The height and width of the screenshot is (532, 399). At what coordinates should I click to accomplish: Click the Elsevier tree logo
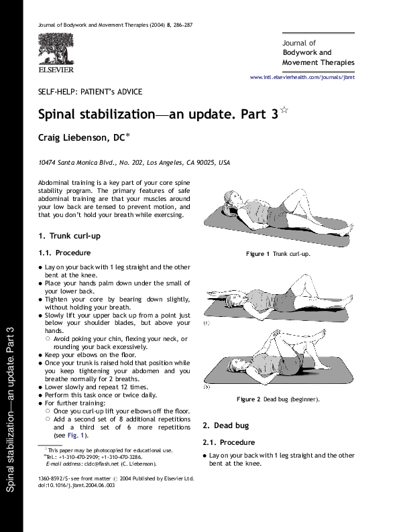click(56, 49)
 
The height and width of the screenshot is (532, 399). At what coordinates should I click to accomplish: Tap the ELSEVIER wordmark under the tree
click(56, 69)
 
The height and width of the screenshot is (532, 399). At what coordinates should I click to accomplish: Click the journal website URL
click(302, 78)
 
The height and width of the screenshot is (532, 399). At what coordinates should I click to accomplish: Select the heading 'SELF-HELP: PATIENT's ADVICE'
click(90, 92)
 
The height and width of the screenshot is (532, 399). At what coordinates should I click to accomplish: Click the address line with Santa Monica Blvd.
click(134, 163)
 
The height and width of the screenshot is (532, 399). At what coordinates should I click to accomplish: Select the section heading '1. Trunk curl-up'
click(70, 236)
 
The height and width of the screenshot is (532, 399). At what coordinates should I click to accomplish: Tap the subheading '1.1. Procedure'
click(64, 253)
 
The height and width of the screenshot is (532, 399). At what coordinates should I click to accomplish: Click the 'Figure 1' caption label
click(258, 254)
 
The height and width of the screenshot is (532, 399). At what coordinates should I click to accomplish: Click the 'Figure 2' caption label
click(247, 399)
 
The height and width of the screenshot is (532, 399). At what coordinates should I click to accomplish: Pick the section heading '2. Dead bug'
click(225, 425)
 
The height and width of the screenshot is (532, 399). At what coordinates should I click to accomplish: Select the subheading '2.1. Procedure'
click(228, 442)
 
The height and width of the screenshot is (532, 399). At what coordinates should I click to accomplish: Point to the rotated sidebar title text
click(11, 409)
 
